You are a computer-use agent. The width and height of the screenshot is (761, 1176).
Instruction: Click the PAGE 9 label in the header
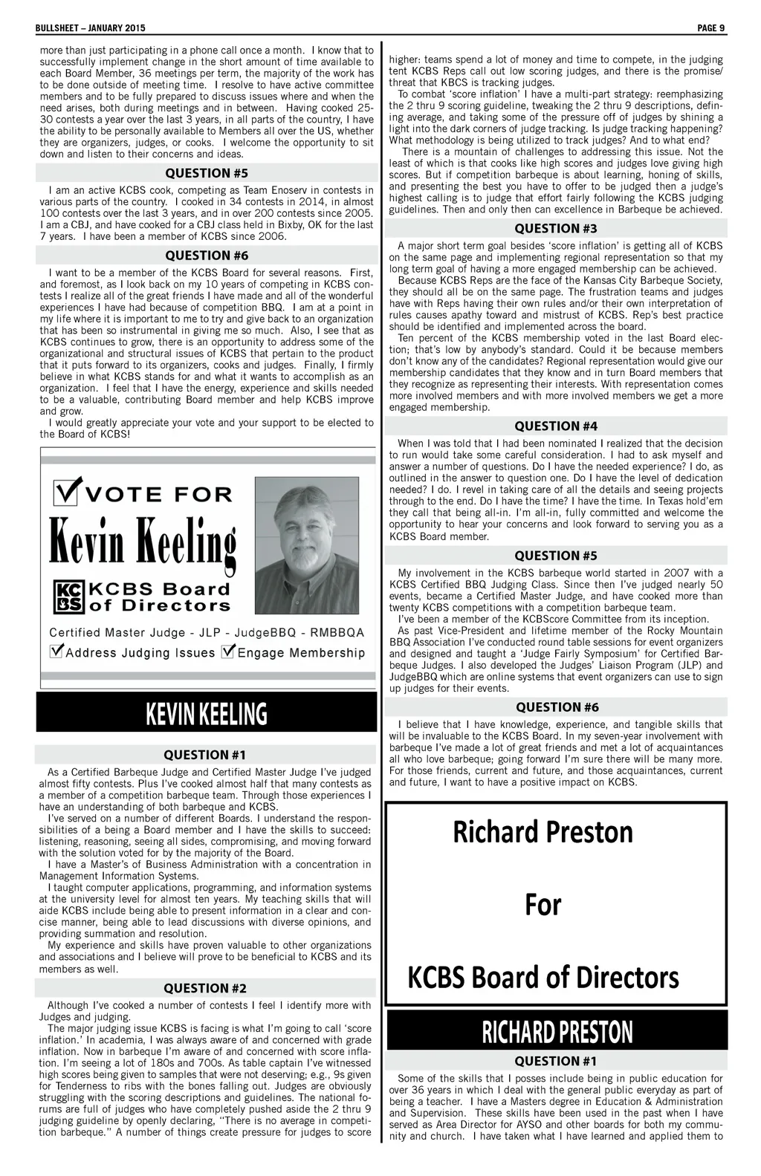[711, 28]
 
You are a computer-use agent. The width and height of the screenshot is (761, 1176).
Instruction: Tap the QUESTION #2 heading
[205, 987]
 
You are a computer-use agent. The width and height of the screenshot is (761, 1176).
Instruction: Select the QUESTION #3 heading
[556, 228]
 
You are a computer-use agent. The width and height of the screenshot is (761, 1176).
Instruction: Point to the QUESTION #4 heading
[556, 426]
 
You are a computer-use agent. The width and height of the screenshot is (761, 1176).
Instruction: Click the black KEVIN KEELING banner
[206, 713]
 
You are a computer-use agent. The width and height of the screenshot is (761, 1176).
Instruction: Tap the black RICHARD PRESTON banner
[557, 1032]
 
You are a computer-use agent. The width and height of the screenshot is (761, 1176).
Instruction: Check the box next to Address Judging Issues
[56, 652]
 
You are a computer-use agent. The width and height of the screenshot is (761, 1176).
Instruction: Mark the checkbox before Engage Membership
[228, 652]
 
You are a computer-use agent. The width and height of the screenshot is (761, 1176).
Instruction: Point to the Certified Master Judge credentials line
[207, 633]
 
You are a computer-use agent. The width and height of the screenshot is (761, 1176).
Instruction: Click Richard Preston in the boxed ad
[543, 832]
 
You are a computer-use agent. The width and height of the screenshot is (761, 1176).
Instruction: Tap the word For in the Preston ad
[543, 905]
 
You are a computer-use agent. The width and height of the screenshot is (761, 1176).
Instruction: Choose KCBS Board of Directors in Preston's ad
[543, 977]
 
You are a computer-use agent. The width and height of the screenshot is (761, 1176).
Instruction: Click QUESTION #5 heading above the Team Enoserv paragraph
[207, 173]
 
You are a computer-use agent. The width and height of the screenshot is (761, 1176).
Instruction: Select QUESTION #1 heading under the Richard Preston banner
[557, 1061]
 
